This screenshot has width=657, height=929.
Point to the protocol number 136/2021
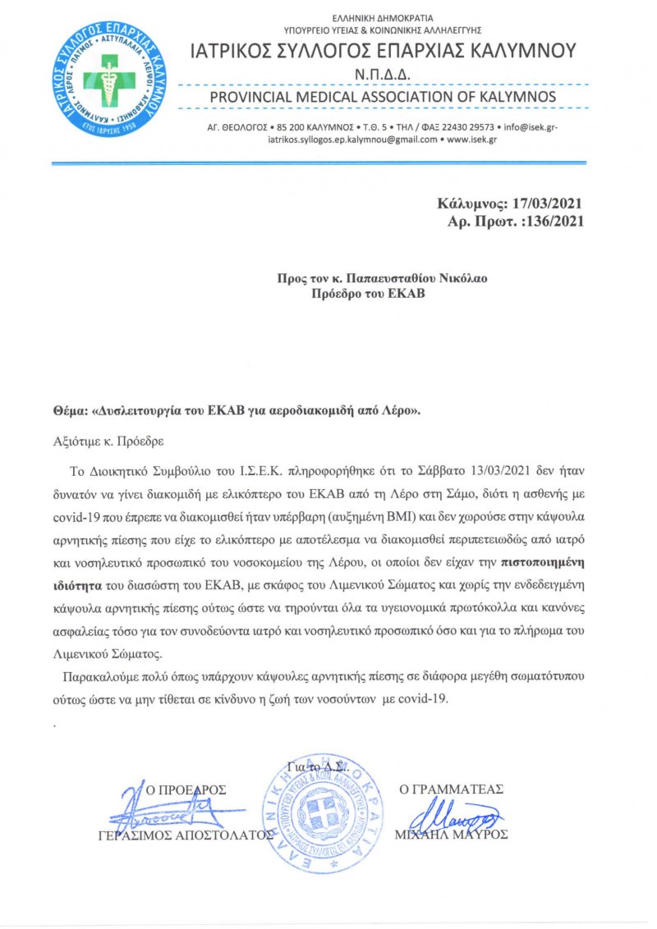point(553,221)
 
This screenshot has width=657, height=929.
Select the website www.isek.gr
point(472,140)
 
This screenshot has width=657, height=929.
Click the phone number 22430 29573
point(469,127)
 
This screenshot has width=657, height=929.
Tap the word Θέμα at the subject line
point(68,412)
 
